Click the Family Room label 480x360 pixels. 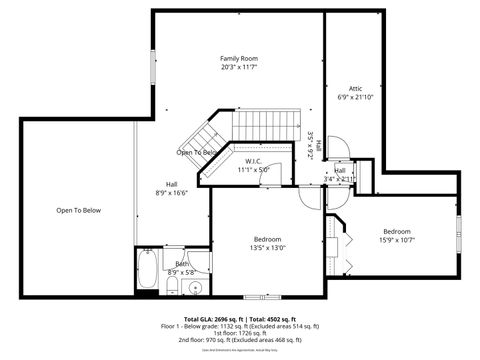[238, 59]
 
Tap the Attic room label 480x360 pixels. [355, 88]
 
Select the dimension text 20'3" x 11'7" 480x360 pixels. [238, 68]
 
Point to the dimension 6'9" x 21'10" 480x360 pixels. [355, 97]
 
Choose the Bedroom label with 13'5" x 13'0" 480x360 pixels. [267, 239]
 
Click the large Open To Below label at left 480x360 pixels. [77, 211]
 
